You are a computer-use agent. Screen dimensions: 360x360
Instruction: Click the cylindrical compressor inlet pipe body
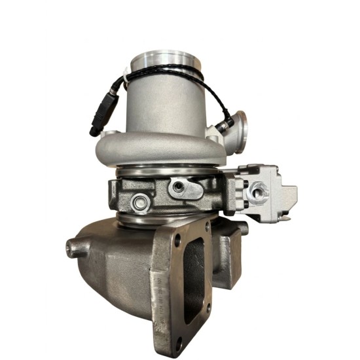(167, 105)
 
